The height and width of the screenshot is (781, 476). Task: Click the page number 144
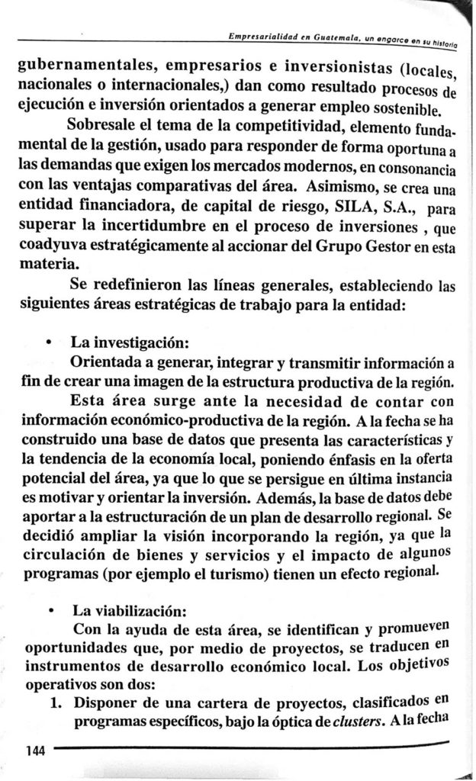[36, 750]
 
